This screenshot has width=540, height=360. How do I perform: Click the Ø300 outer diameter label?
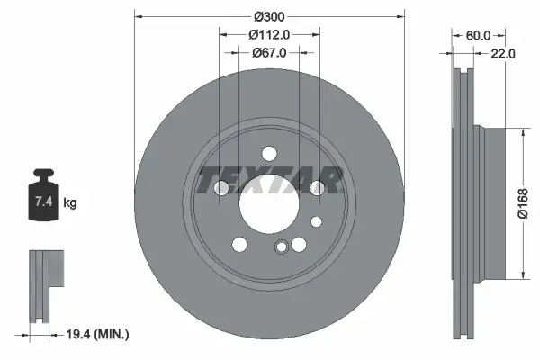[269, 17]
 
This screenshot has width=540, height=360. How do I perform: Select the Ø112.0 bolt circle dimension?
[269, 35]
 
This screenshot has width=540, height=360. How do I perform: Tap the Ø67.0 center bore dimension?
[269, 53]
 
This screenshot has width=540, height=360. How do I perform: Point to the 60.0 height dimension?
[478, 36]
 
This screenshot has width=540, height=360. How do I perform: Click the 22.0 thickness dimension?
[503, 54]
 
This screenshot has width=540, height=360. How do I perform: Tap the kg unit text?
[70, 203]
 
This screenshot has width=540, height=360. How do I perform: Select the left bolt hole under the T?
[222, 187]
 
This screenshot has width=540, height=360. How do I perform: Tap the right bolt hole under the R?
[317, 187]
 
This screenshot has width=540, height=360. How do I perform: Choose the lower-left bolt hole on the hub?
[239, 243]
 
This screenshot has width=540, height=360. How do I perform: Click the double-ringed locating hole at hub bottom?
[282, 249]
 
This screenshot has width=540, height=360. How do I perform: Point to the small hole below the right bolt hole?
[316, 220]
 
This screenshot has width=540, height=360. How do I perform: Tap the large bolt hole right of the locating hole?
[300, 243]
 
